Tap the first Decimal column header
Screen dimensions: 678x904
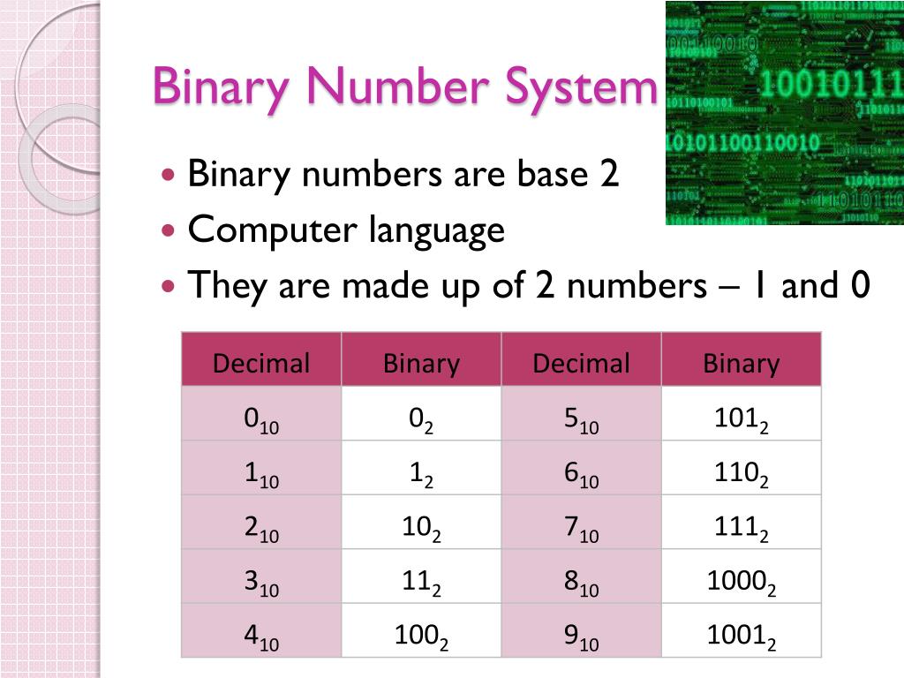pos(261,363)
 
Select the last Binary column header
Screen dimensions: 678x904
pos(741,363)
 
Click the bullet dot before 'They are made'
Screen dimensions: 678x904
pos(169,287)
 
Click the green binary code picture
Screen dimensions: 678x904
pos(784,113)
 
